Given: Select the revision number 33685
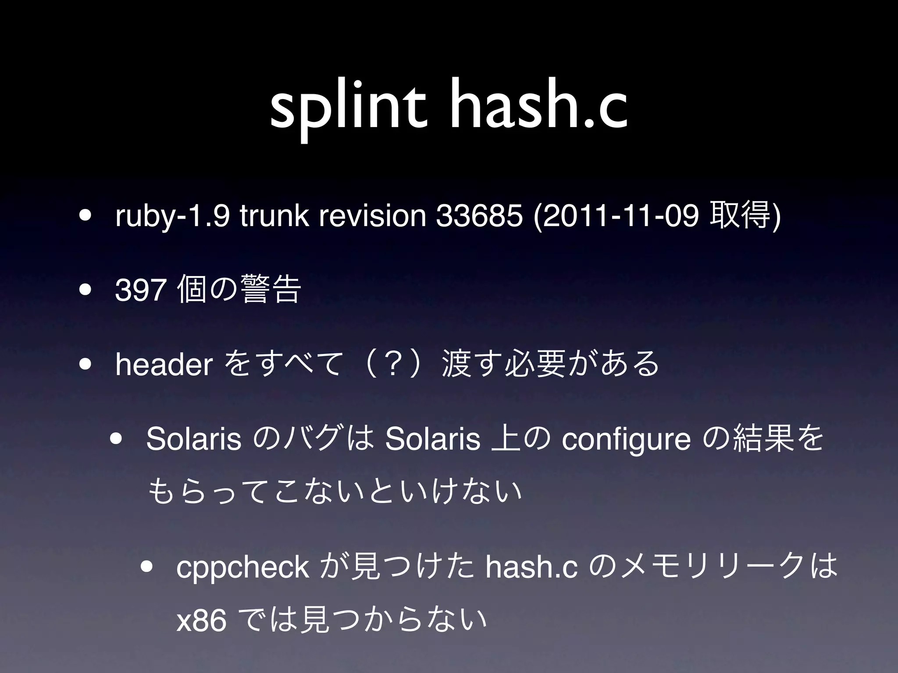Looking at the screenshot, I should (480, 217).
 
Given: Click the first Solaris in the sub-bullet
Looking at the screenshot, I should (194, 440).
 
